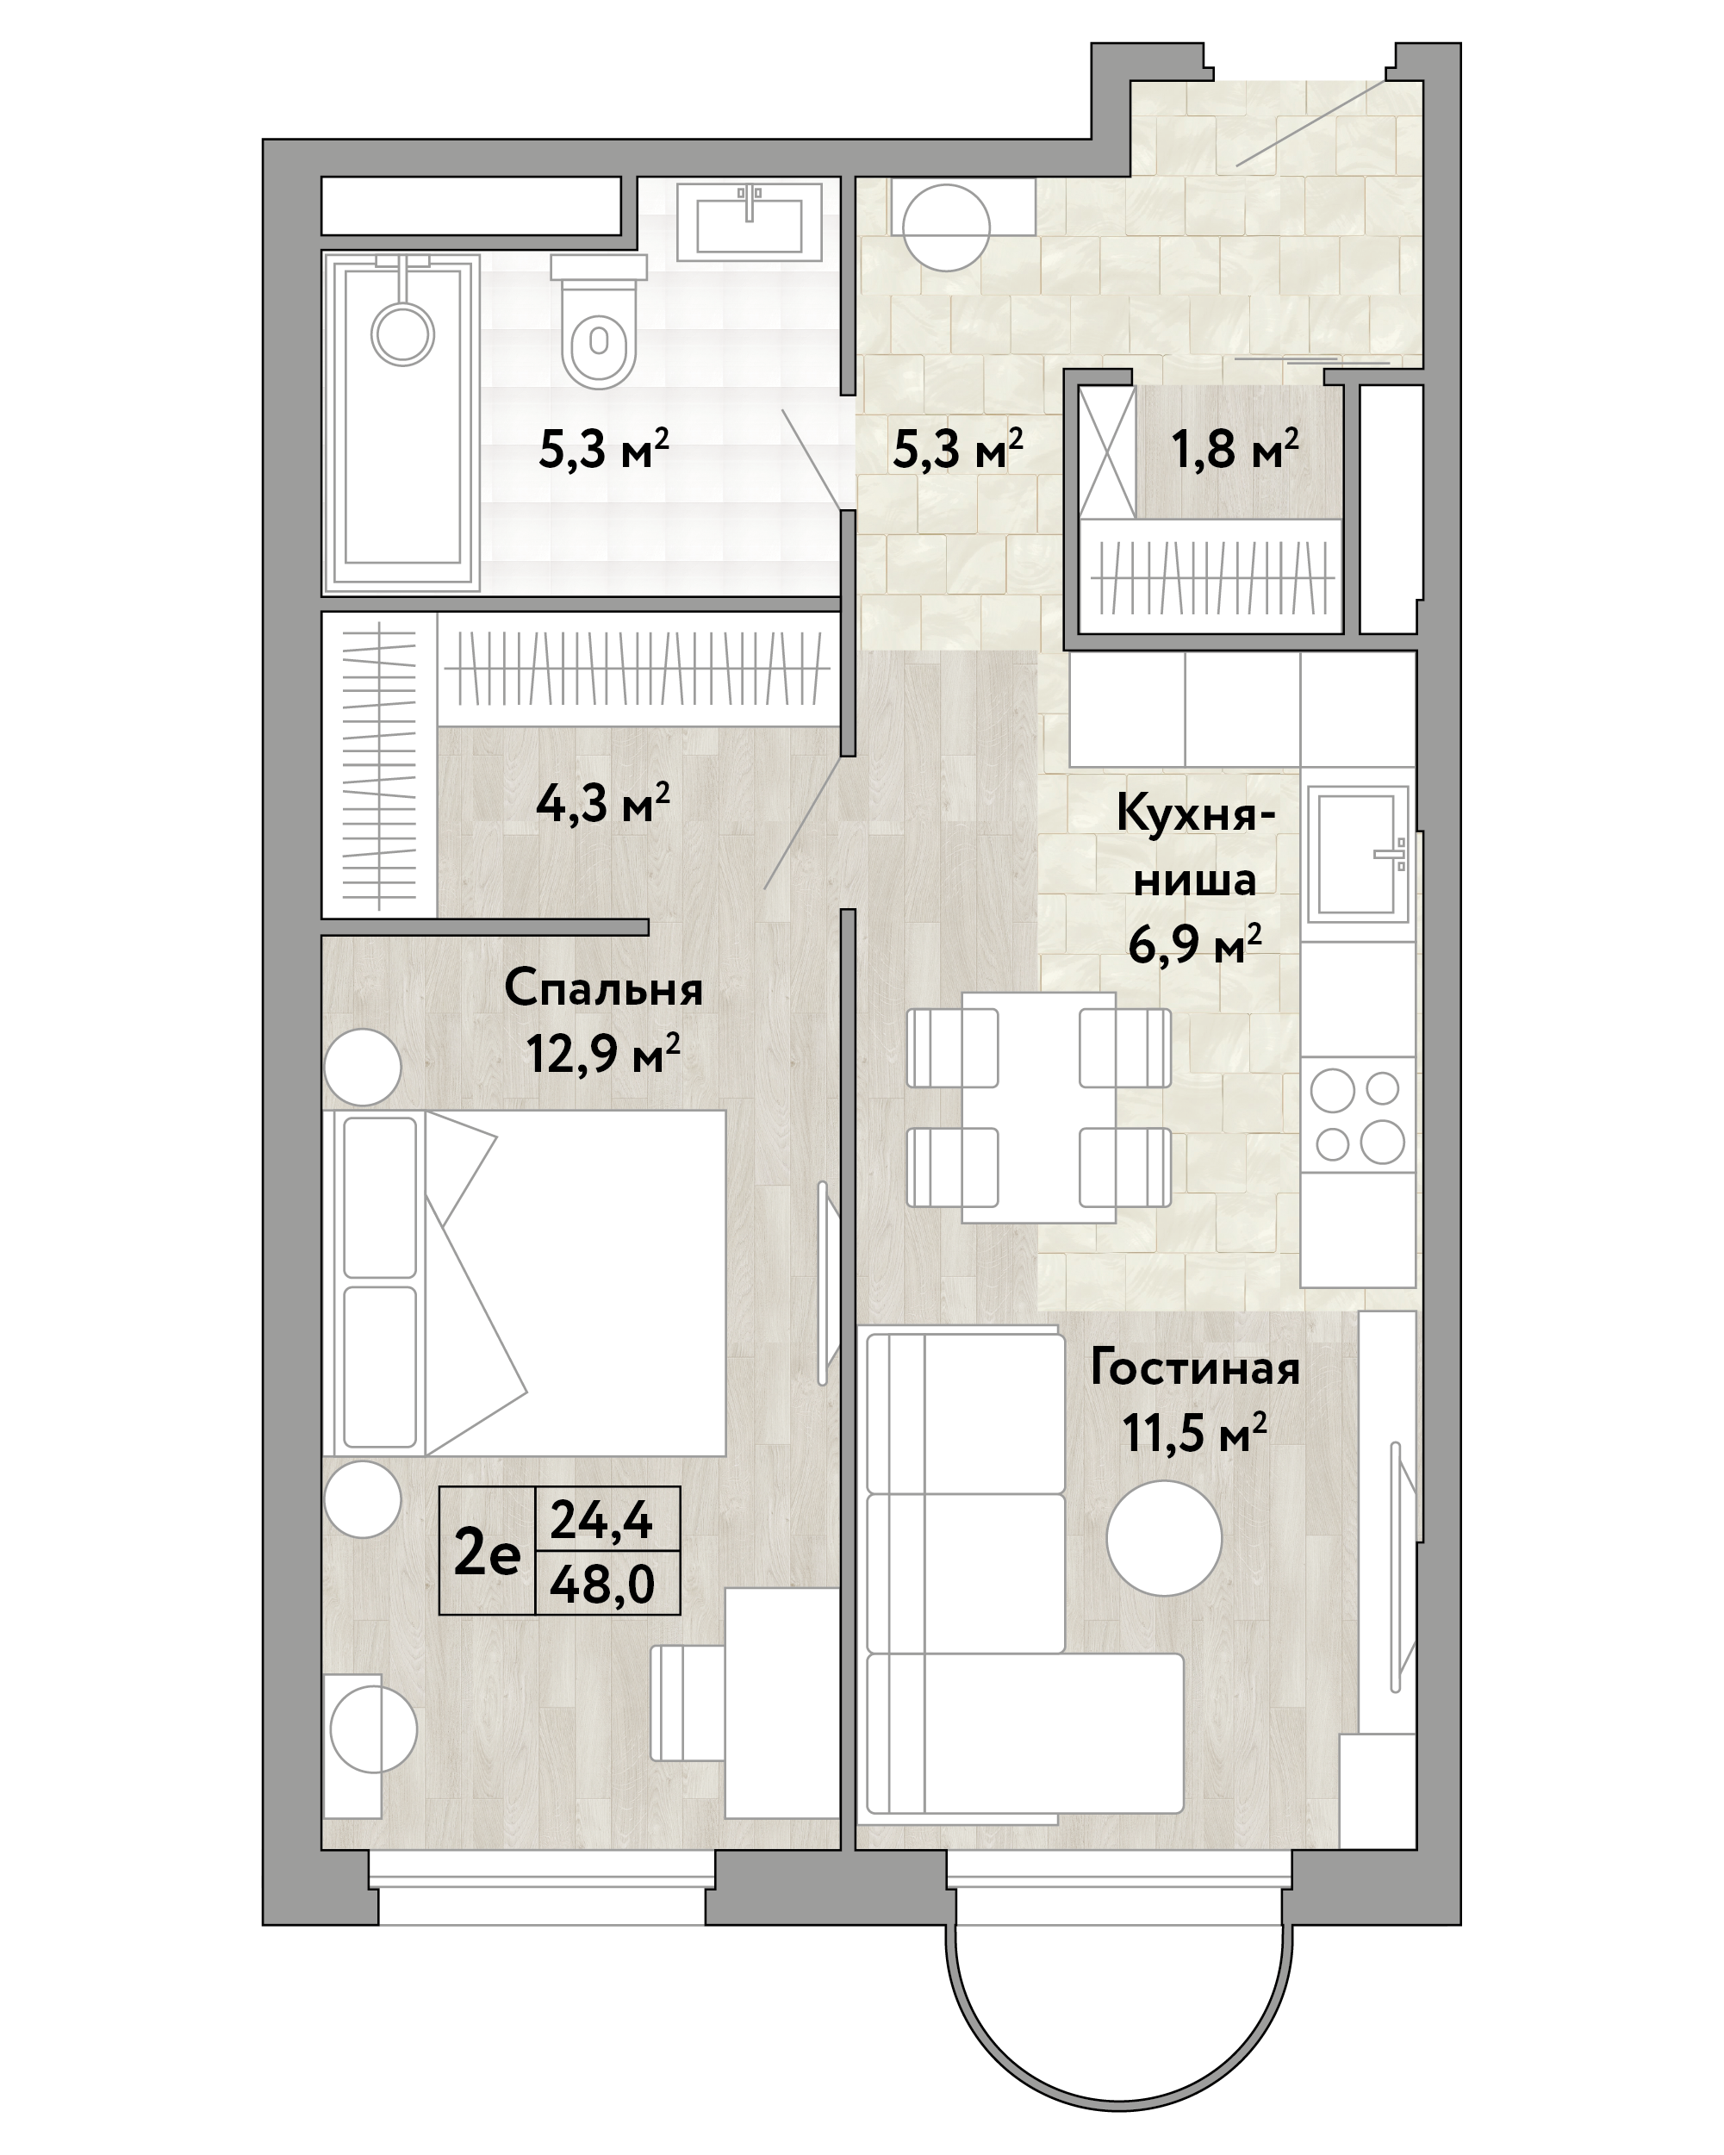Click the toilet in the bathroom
[599, 320]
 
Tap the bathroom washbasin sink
[750, 221]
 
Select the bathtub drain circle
[401, 333]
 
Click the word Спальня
[602, 989]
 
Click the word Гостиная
[1194, 1368]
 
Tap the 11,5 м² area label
[1194, 1432]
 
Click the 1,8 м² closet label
[1235, 450]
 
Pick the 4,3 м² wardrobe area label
[602, 801]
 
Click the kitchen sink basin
[1357, 854]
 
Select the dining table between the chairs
[1038, 1106]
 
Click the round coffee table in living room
[1164, 1538]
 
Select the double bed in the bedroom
[524, 1282]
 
